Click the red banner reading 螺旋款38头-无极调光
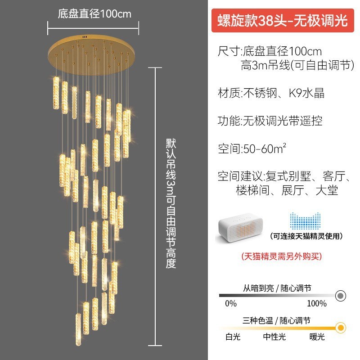pyautogui.click(x=283, y=21)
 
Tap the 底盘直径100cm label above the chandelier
pyautogui.click(x=94, y=13)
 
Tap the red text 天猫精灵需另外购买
pyautogui.click(x=282, y=256)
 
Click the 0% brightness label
pyautogui.click(x=231, y=304)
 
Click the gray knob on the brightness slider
pyautogui.click(x=341, y=296)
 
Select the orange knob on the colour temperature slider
pyautogui.click(x=341, y=327)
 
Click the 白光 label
pyautogui.click(x=233, y=336)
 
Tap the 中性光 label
pyautogui.click(x=274, y=336)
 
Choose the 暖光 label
pyautogui.click(x=317, y=336)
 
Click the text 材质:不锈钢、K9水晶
pyautogui.click(x=271, y=93)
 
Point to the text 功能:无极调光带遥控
pyautogui.click(x=270, y=121)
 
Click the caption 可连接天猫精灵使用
pyautogui.click(x=306, y=236)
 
